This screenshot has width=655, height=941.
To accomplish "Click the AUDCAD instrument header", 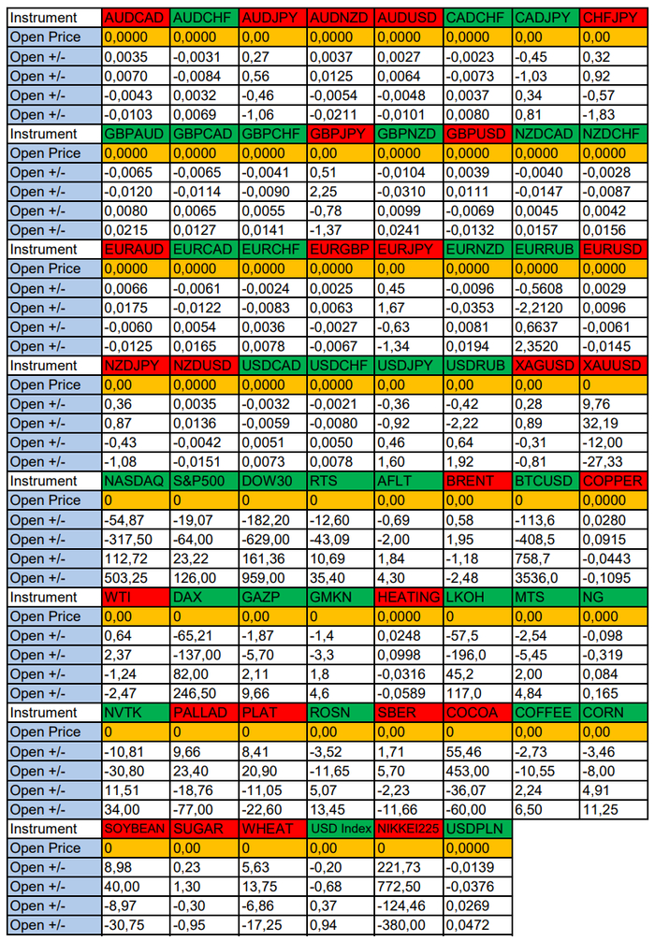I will [x=136, y=18].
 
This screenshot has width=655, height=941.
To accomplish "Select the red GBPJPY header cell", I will [x=341, y=134].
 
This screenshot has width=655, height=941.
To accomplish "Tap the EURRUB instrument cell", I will [x=546, y=249].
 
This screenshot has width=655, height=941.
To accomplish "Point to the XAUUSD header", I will [x=613, y=365].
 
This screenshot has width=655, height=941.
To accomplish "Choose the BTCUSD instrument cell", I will [x=546, y=481].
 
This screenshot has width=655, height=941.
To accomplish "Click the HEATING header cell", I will [x=409, y=597].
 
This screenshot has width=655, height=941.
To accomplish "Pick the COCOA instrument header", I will [x=477, y=713].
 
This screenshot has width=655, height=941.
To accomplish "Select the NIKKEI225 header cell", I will [x=409, y=829].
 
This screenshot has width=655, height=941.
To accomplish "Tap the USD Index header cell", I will [x=341, y=829].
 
